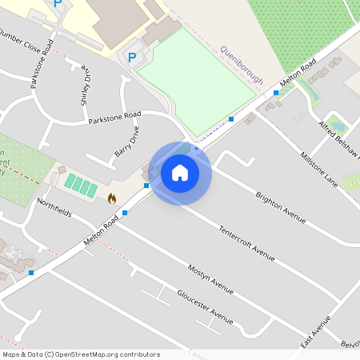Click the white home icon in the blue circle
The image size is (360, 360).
tap(180, 172)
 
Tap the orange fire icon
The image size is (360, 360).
tap(111, 198)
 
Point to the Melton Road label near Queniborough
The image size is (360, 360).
tap(298, 74)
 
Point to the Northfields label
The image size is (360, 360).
tap(54, 208)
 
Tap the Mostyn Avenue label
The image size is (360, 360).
tap(210, 278)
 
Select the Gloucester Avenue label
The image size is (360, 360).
tap(205, 306)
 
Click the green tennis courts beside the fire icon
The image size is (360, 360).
tap(81, 186)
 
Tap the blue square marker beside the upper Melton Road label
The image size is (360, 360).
tap(276, 93)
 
